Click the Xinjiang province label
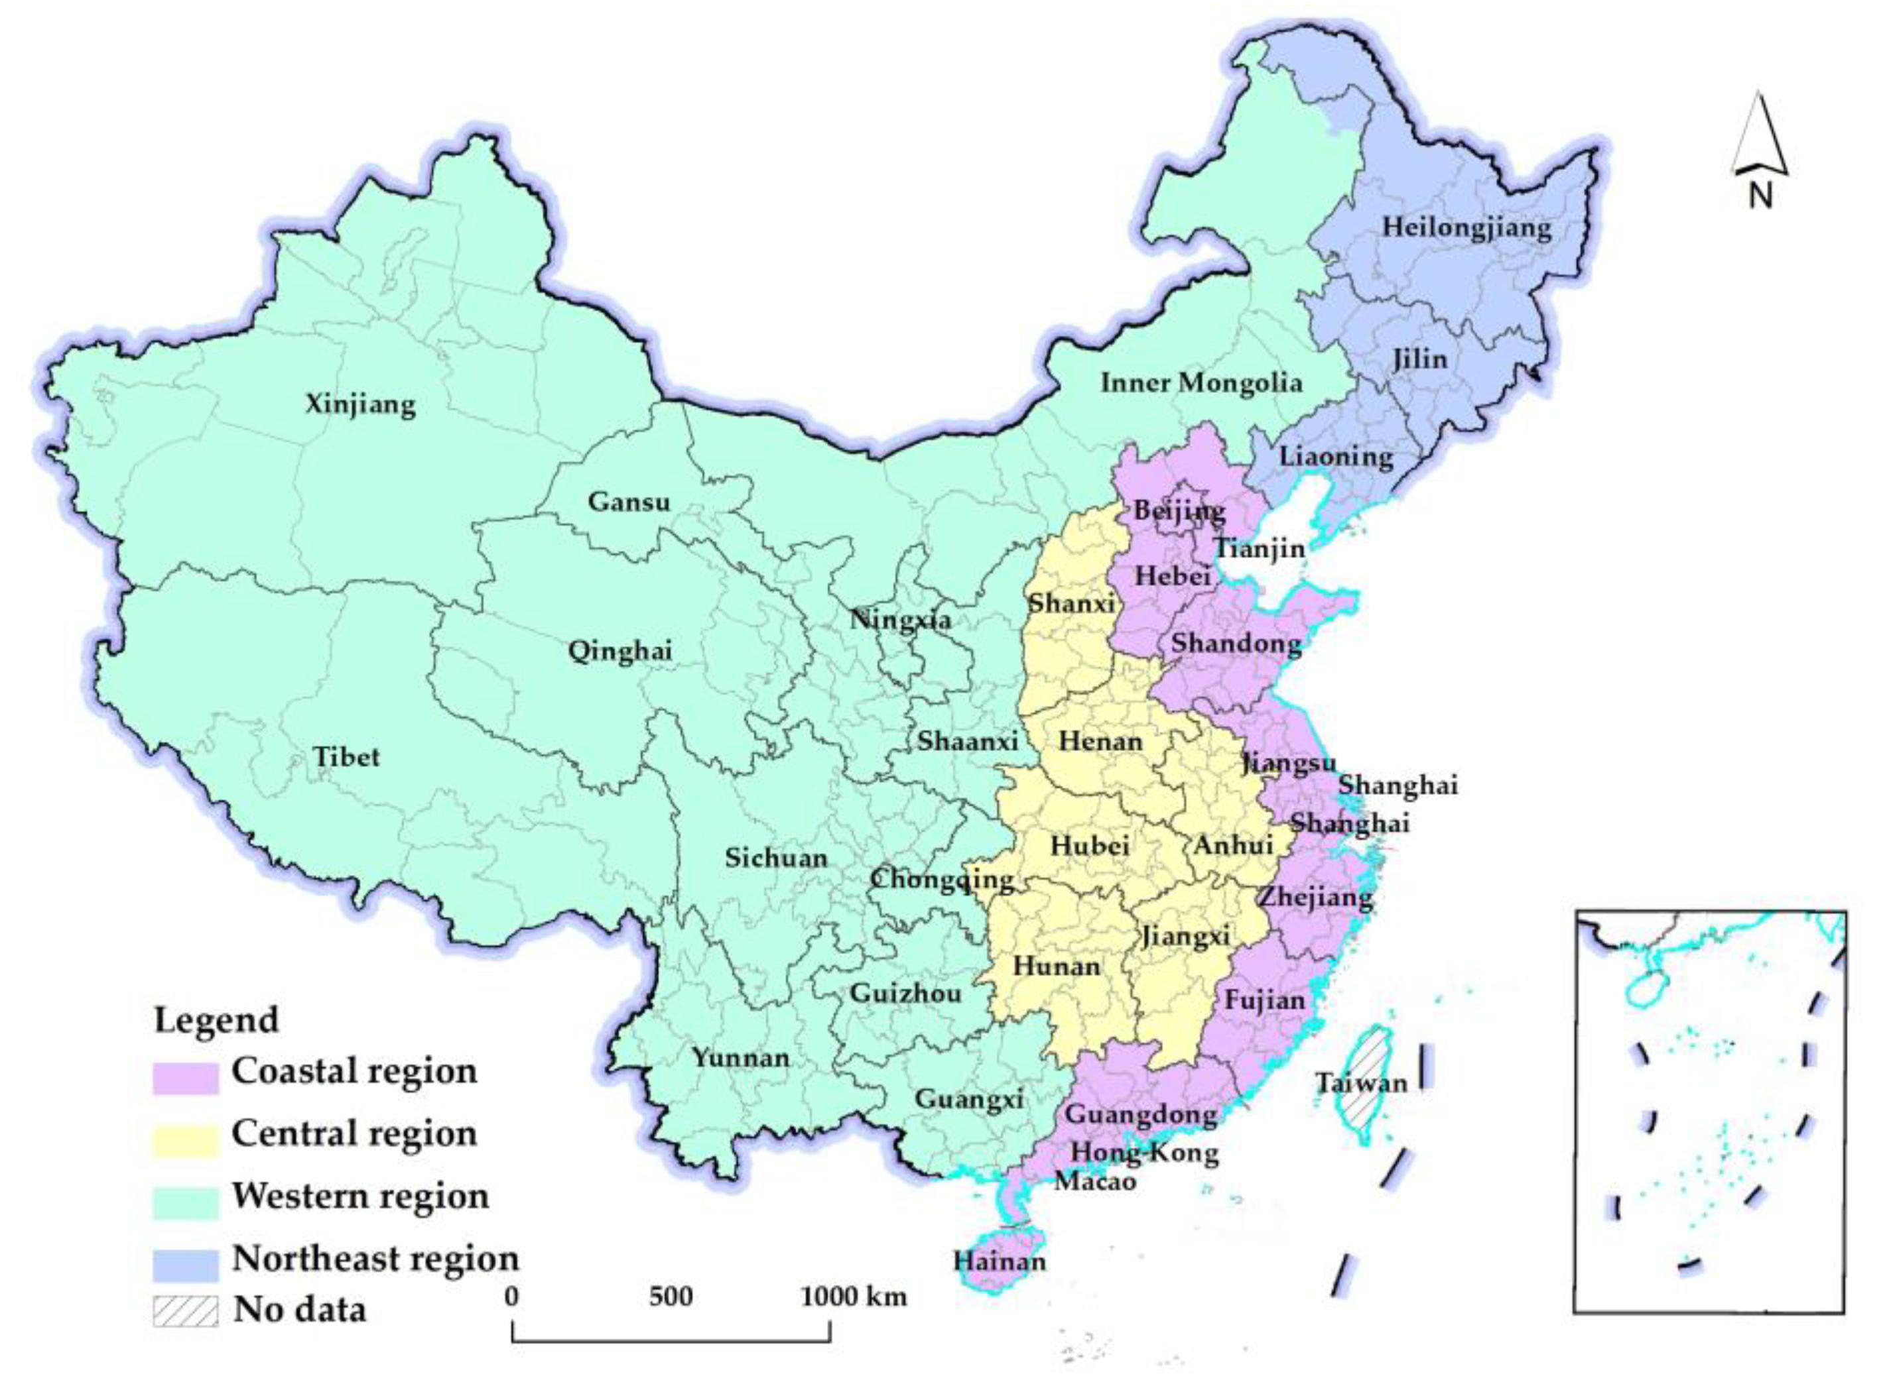point(360,405)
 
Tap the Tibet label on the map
point(347,756)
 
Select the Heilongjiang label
point(1466,228)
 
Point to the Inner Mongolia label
point(1201,382)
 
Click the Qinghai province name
point(619,652)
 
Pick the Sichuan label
point(776,858)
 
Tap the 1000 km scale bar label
point(854,1297)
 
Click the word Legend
point(216,1020)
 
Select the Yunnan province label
point(740,1058)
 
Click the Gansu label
point(629,502)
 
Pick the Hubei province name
point(1090,846)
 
